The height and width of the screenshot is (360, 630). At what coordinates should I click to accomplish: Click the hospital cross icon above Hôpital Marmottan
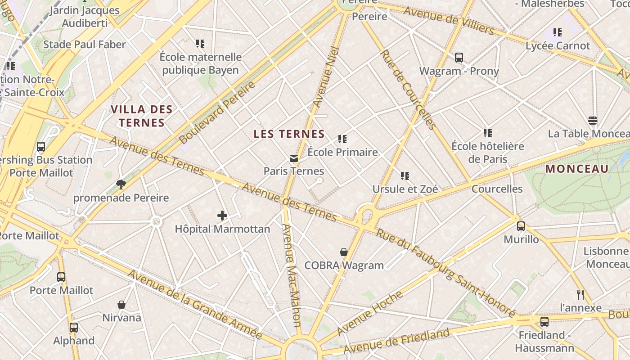[x=222, y=216]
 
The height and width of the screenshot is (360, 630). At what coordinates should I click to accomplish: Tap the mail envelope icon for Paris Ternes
[x=294, y=158]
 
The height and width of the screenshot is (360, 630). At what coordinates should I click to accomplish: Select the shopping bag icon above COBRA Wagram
[x=344, y=252]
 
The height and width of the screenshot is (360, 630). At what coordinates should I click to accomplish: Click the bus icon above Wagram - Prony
[x=459, y=58]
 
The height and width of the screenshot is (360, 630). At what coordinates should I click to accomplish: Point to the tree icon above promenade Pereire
[x=121, y=184]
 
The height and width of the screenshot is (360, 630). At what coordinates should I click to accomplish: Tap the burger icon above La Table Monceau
[x=593, y=121]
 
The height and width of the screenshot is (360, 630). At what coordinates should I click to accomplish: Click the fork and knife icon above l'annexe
[x=580, y=295]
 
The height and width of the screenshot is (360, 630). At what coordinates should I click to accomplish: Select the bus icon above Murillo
[x=521, y=226]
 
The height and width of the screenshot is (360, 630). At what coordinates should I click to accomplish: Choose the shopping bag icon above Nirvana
[x=121, y=305]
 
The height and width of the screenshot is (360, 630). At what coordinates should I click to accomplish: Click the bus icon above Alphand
[x=74, y=328]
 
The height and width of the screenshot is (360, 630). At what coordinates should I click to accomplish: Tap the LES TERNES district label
[x=289, y=134]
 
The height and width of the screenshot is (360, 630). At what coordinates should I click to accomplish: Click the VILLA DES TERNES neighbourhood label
[x=141, y=116]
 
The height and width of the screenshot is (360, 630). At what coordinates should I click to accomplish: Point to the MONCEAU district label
[x=577, y=169]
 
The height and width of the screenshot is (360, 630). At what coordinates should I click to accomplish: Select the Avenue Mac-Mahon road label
[x=291, y=274]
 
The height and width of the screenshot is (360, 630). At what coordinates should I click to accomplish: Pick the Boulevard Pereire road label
[x=217, y=112]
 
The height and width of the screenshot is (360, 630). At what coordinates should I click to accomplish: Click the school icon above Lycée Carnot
[x=558, y=32]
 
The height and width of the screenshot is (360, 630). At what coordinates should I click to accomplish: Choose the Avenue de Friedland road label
[x=396, y=341]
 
